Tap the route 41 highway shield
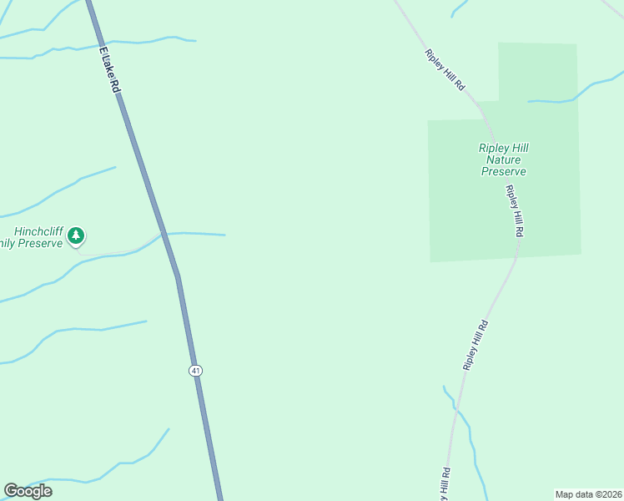pyautogui.click(x=195, y=370)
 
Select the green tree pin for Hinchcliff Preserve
pyautogui.click(x=76, y=236)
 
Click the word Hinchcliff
pyautogui.click(x=38, y=231)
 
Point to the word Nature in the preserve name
pyautogui.click(x=503, y=159)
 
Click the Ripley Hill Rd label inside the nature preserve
pyautogui.click(x=514, y=211)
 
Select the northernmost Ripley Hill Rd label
pyautogui.click(x=444, y=70)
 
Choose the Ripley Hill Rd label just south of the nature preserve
pyautogui.click(x=476, y=345)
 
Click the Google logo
pyautogui.click(x=28, y=491)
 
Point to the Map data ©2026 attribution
pyautogui.click(x=588, y=493)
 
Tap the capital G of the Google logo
pyautogui.click(x=11, y=491)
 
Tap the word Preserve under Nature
pyautogui.click(x=503, y=171)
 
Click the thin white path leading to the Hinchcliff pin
pyautogui.click(x=117, y=251)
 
